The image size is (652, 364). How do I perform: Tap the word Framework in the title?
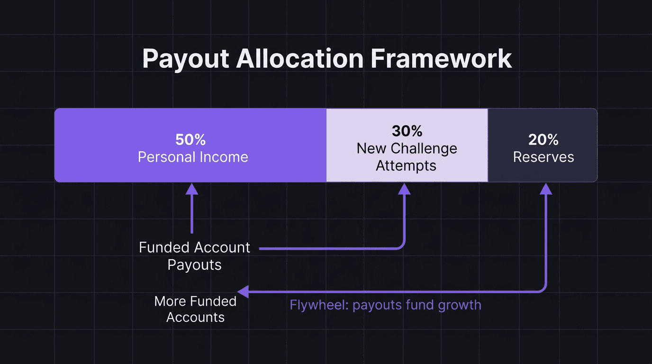(x=441, y=59)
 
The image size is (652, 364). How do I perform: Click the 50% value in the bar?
(x=190, y=140)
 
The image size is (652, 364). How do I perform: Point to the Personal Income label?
(x=193, y=157)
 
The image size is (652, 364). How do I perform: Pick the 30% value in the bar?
(x=407, y=131)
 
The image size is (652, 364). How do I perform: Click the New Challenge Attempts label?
(x=407, y=157)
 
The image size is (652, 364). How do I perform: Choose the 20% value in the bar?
(x=543, y=140)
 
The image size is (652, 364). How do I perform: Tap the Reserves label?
(x=543, y=157)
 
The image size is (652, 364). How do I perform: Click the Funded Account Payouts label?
(x=194, y=256)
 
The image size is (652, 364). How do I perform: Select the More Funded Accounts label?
(x=195, y=309)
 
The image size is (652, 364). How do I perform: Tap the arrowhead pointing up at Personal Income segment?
(x=192, y=189)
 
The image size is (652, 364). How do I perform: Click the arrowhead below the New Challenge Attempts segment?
(x=404, y=189)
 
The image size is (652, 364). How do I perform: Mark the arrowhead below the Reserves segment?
(x=546, y=189)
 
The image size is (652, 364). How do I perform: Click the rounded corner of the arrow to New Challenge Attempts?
(x=402, y=246)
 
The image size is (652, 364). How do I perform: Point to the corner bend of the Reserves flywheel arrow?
(x=544, y=289)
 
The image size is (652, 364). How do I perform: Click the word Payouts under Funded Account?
(x=194, y=265)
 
